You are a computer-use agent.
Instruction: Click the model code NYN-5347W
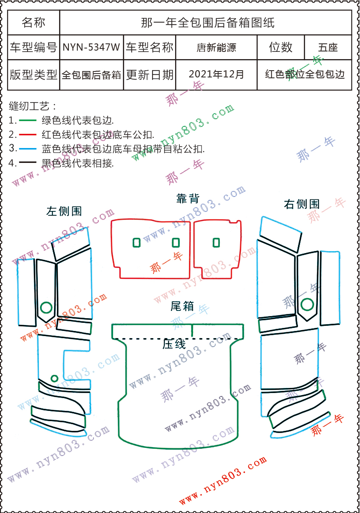91,47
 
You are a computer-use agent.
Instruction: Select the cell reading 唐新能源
216,47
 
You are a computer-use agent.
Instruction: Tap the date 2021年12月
216,74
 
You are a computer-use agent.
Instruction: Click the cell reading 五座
328,47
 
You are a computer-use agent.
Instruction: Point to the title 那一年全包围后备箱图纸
207,23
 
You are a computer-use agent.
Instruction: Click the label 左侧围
64,211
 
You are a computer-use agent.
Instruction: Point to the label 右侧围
301,204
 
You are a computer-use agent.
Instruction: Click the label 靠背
187,198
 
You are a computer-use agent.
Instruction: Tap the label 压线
174,344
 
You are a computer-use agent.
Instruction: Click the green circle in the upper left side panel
45,307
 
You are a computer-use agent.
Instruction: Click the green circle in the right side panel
307,304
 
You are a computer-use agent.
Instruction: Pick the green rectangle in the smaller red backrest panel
216,242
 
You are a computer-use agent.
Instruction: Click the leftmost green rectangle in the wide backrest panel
136,242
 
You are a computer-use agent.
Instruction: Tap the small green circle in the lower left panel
54,378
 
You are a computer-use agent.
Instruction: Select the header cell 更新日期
150,74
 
